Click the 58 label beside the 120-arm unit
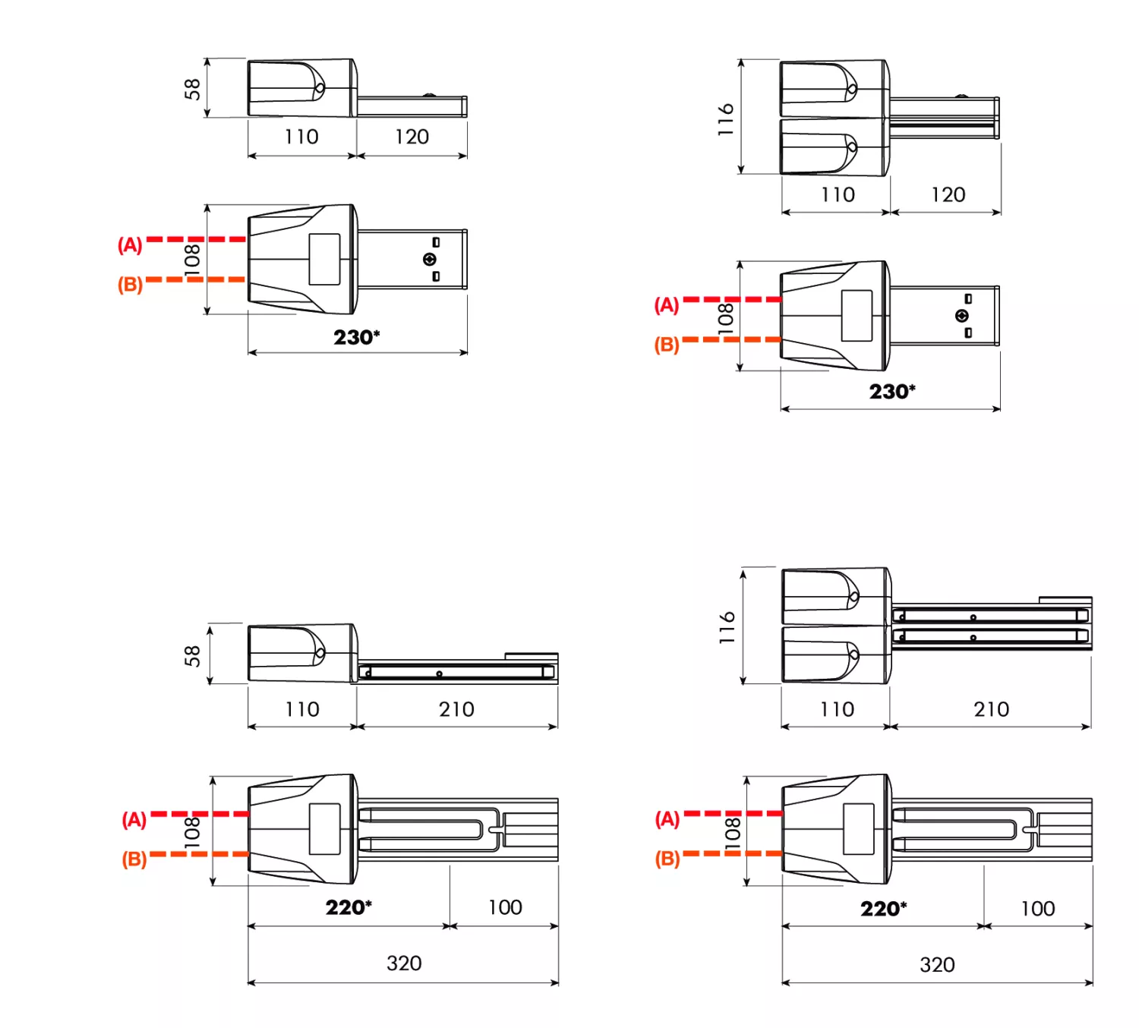pos(192,89)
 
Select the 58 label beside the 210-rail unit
pos(192,655)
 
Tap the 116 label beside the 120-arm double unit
pos(726,119)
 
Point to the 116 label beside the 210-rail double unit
pos(727,627)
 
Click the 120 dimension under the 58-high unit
pos(412,137)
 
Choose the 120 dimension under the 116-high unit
pos(948,195)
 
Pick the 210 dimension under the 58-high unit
pos(456,709)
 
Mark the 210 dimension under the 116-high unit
pos(992,709)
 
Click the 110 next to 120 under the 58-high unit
pos(301,137)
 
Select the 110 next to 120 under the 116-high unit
pos(838,195)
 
